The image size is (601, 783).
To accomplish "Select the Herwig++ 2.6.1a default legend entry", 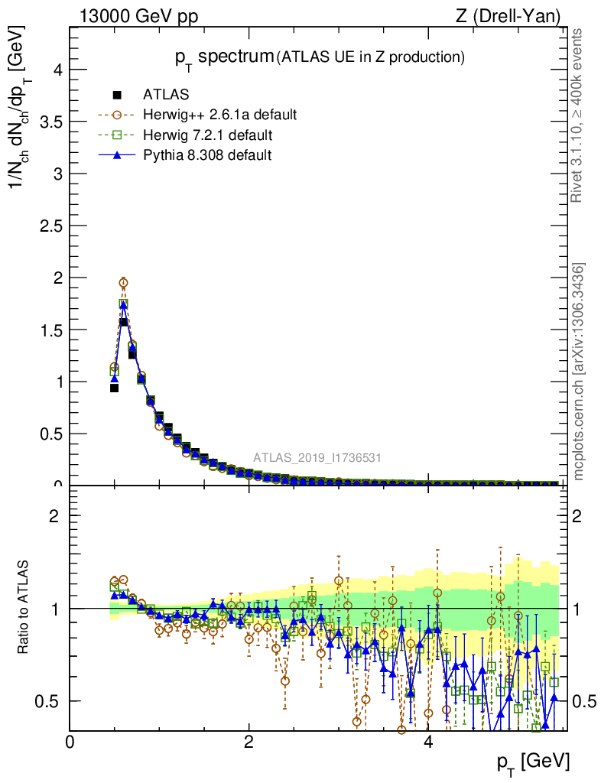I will (219, 115).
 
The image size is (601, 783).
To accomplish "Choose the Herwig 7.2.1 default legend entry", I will (207, 135).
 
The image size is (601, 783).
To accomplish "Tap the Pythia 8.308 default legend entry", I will (207, 155).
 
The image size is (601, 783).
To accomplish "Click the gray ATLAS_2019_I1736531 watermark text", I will (317, 458).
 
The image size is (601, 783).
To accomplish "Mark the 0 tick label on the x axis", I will (70, 742).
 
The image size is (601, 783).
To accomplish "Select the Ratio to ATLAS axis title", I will (24, 608).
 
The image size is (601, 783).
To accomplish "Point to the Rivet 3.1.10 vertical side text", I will (579, 115).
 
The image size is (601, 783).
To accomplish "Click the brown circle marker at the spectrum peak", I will (123, 283).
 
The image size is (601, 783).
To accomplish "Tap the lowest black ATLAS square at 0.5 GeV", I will (115, 388).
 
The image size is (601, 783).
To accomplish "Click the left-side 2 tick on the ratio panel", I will (54, 515).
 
